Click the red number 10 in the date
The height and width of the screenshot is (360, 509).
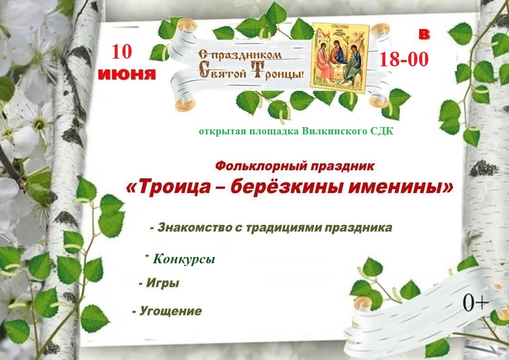pos(122,52)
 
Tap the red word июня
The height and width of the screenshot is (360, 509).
pos(127,74)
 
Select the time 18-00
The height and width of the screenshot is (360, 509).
pos(404,59)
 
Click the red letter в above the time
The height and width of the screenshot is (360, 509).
pos(424,34)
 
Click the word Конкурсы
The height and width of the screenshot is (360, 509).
pos(184,259)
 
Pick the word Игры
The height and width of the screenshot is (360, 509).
pos(162,283)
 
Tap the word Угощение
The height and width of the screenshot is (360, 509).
pos(171,311)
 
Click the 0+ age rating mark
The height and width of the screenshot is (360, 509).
pos(475,302)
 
